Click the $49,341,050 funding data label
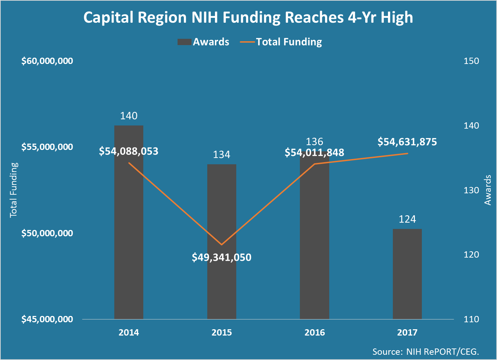coord(222,258)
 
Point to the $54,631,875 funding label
coord(407,142)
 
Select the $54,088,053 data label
coord(129,151)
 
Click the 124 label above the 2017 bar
coord(407,219)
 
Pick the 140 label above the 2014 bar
coord(129,116)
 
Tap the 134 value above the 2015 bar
coord(222,154)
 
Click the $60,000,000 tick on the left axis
coord(47,61)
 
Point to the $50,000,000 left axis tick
coord(47,233)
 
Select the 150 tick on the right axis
coord(471,61)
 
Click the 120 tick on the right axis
coord(471,254)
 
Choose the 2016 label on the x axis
coord(315,332)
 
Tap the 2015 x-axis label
coord(222,332)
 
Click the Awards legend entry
coord(203,42)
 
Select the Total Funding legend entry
coord(281,42)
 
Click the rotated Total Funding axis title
coord(14,190)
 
